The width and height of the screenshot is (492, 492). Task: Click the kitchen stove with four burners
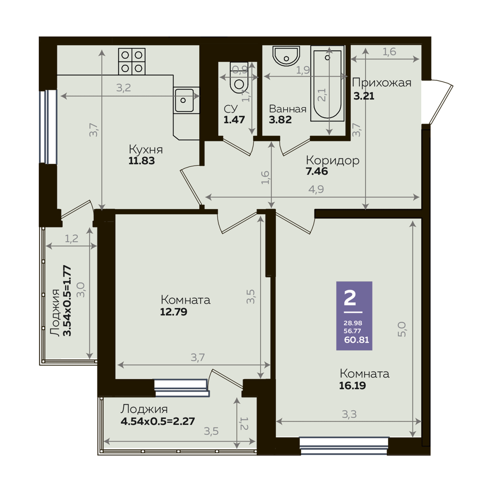[x=132, y=61]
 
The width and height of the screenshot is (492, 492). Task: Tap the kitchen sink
[x=184, y=100]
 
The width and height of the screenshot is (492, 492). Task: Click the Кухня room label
[x=146, y=149]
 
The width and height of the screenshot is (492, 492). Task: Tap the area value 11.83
[x=142, y=161]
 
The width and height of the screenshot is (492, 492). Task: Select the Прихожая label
[x=381, y=83]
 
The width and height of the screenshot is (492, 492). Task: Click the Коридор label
[x=332, y=160]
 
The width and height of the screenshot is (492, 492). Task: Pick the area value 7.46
[x=317, y=172]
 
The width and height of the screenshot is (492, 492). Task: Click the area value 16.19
[x=352, y=385]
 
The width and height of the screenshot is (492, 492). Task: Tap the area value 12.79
[x=173, y=312]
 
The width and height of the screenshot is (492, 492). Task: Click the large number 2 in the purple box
[x=350, y=298]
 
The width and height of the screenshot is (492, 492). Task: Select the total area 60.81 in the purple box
[x=357, y=340]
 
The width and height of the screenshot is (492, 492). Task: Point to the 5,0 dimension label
[x=402, y=329]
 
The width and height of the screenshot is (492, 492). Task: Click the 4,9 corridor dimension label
[x=316, y=189]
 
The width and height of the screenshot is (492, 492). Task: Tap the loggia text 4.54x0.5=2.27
[x=158, y=421]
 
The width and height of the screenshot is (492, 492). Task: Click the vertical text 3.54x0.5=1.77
[x=67, y=301]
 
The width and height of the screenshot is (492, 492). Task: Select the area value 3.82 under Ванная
[x=280, y=120]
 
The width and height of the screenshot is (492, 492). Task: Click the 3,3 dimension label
[x=349, y=415]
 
